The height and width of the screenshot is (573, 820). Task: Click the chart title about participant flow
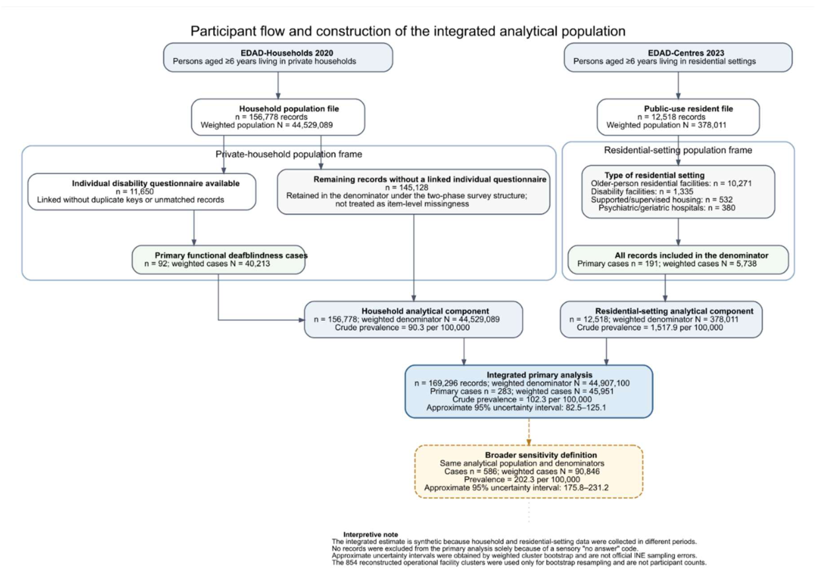point(408,31)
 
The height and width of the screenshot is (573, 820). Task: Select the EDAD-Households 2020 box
point(278,57)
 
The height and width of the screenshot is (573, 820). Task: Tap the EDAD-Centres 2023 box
point(678,57)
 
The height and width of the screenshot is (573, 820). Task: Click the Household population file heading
point(289,109)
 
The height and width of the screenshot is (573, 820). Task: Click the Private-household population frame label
point(289,154)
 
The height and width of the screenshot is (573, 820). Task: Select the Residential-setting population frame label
point(678,150)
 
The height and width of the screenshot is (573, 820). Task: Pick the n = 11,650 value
point(135,191)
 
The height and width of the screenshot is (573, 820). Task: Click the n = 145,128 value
point(406,187)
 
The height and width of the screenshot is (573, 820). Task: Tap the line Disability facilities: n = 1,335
point(642,191)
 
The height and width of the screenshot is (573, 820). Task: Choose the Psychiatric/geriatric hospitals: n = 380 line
point(667,208)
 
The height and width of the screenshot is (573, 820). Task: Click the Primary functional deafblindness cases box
point(219,259)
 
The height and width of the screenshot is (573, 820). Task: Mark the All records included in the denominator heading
point(691,255)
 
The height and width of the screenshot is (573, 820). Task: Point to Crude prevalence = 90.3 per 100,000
point(402,327)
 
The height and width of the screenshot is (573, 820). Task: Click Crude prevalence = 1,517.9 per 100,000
point(650,327)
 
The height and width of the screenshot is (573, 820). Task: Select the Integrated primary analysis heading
point(539,375)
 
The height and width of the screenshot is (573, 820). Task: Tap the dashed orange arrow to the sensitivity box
point(529,432)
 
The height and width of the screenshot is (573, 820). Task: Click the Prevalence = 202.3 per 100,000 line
point(522,480)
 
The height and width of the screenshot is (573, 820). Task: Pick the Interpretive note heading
point(370,535)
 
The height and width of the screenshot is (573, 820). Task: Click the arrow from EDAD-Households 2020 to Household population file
point(278,85)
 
